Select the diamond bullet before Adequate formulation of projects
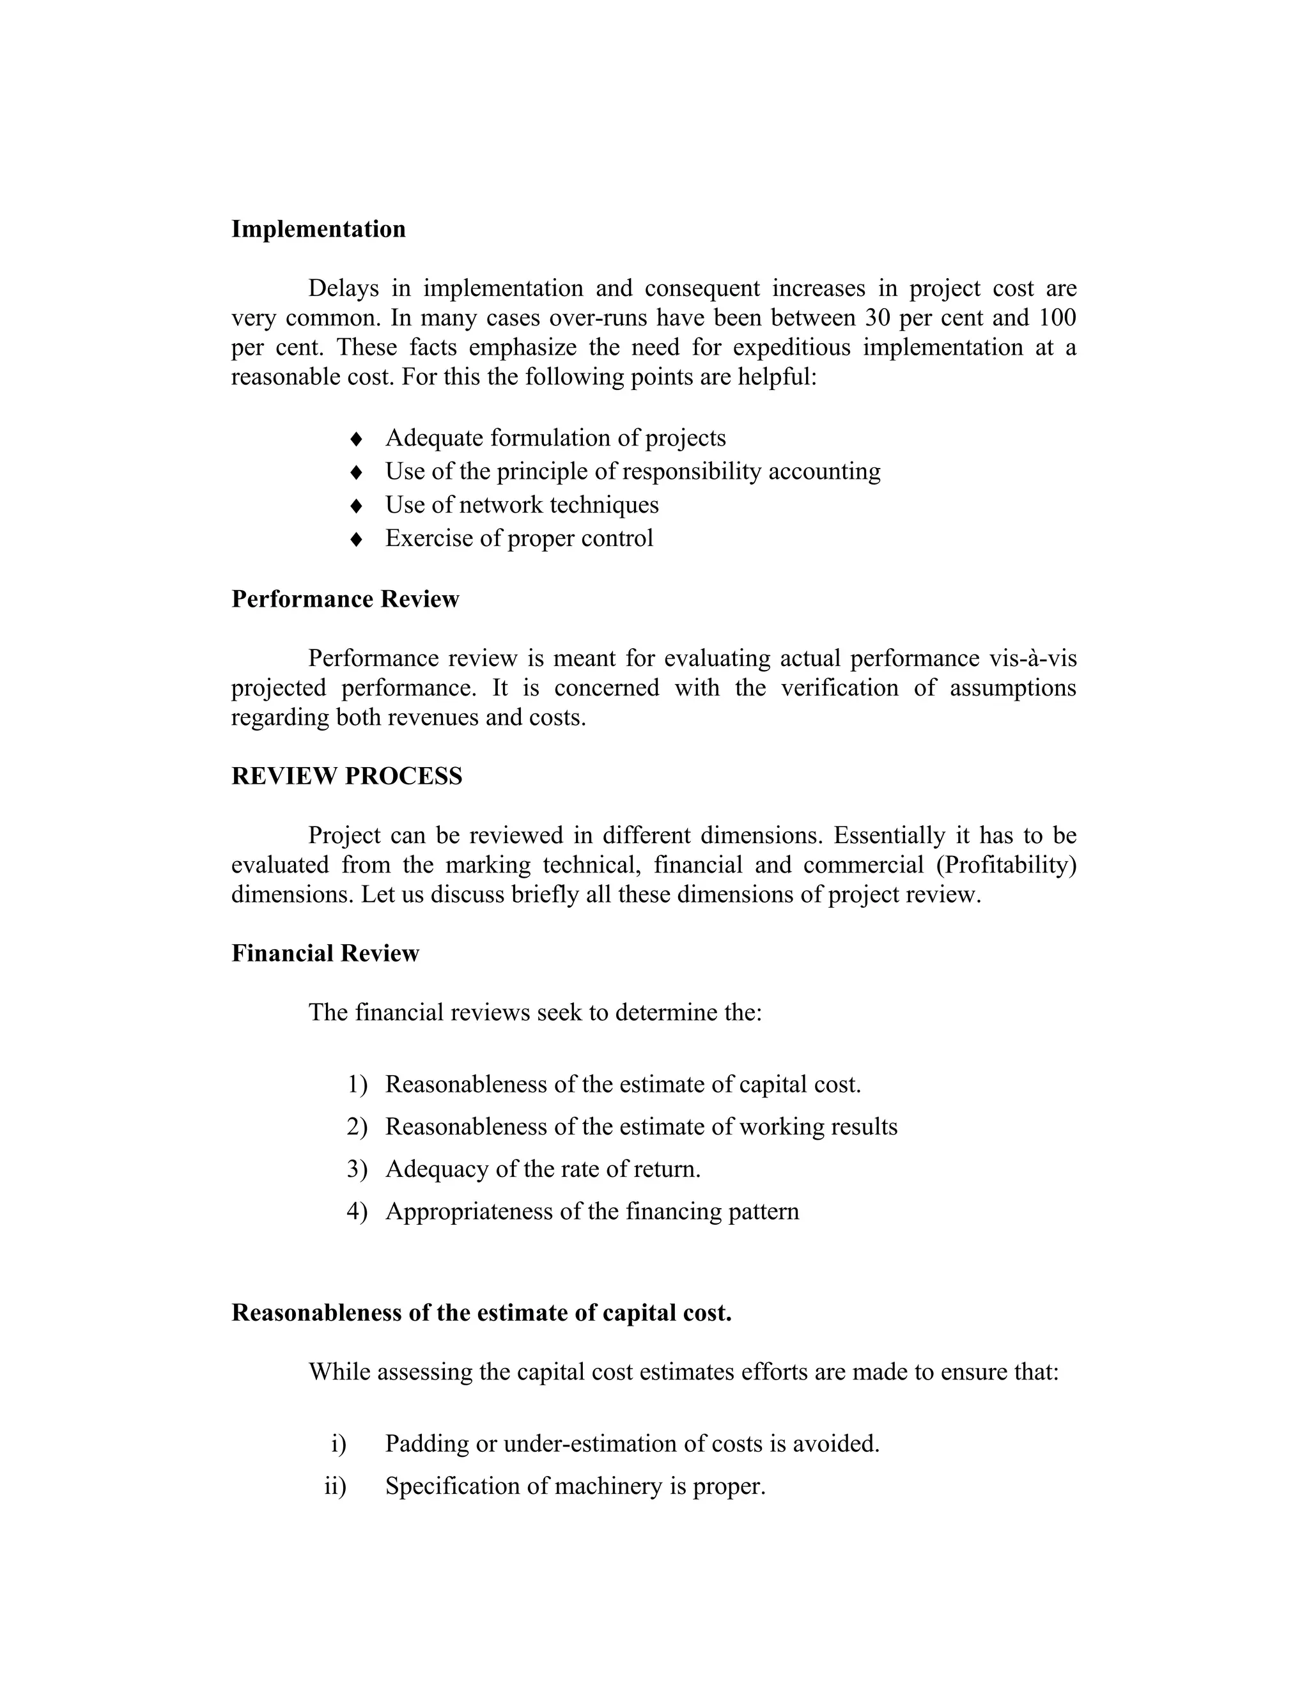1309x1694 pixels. coord(356,439)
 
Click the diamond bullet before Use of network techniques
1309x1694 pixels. coord(356,506)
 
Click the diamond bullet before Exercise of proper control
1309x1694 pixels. coord(356,539)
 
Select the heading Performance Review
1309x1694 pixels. coord(345,600)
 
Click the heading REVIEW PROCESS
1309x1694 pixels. coord(346,777)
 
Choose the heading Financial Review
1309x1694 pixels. coord(325,953)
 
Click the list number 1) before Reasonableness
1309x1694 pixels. coord(357,1084)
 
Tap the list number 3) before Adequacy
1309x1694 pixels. coord(357,1169)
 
